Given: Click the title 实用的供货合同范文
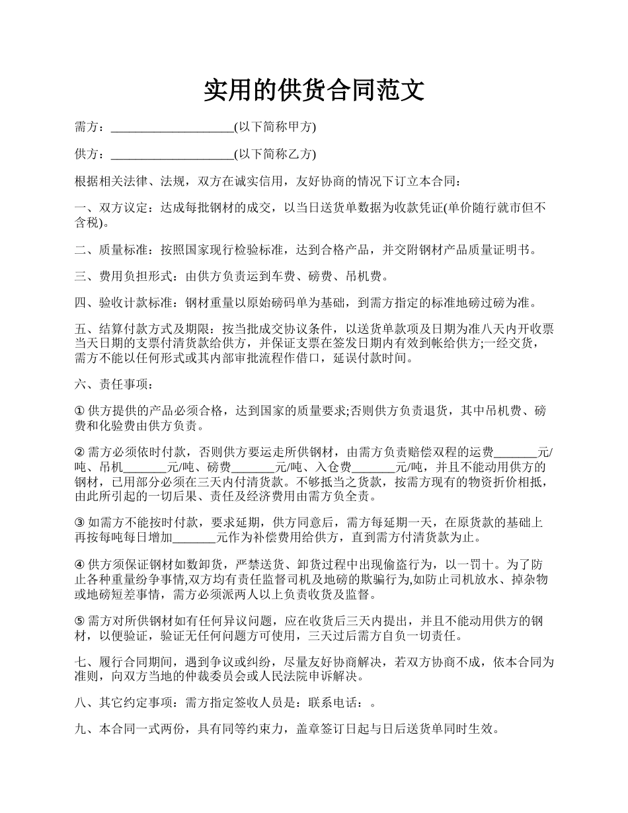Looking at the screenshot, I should [313, 91].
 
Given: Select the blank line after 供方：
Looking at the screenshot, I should [172, 155].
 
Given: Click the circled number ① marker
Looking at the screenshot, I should [80, 411].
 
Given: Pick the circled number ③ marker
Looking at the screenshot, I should [80, 523].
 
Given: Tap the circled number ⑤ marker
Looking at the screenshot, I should [80, 621].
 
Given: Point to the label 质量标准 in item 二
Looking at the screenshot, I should [123, 250].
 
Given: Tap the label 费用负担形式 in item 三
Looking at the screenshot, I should [135, 277].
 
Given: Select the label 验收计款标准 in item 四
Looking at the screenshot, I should [135, 303].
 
